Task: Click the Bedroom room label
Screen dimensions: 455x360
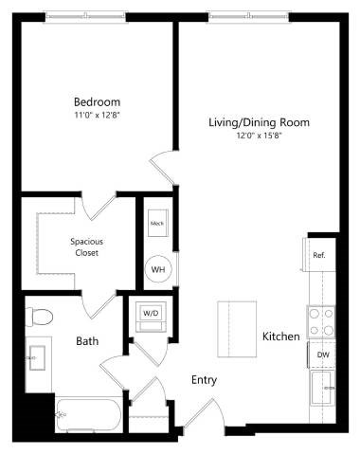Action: (x=98, y=101)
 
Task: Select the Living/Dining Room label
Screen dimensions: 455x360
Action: (x=259, y=122)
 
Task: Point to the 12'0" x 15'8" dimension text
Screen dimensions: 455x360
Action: (x=259, y=136)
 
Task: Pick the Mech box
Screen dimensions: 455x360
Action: (x=157, y=224)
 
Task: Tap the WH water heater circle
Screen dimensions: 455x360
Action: (x=158, y=269)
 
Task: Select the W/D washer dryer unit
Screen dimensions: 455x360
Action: (x=152, y=313)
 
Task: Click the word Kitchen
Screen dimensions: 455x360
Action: (x=281, y=337)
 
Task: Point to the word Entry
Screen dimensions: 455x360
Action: (x=204, y=380)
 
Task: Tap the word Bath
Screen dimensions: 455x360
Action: (x=88, y=341)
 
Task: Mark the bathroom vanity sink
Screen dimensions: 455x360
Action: (x=37, y=357)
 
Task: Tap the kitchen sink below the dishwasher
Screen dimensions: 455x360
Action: (x=323, y=389)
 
